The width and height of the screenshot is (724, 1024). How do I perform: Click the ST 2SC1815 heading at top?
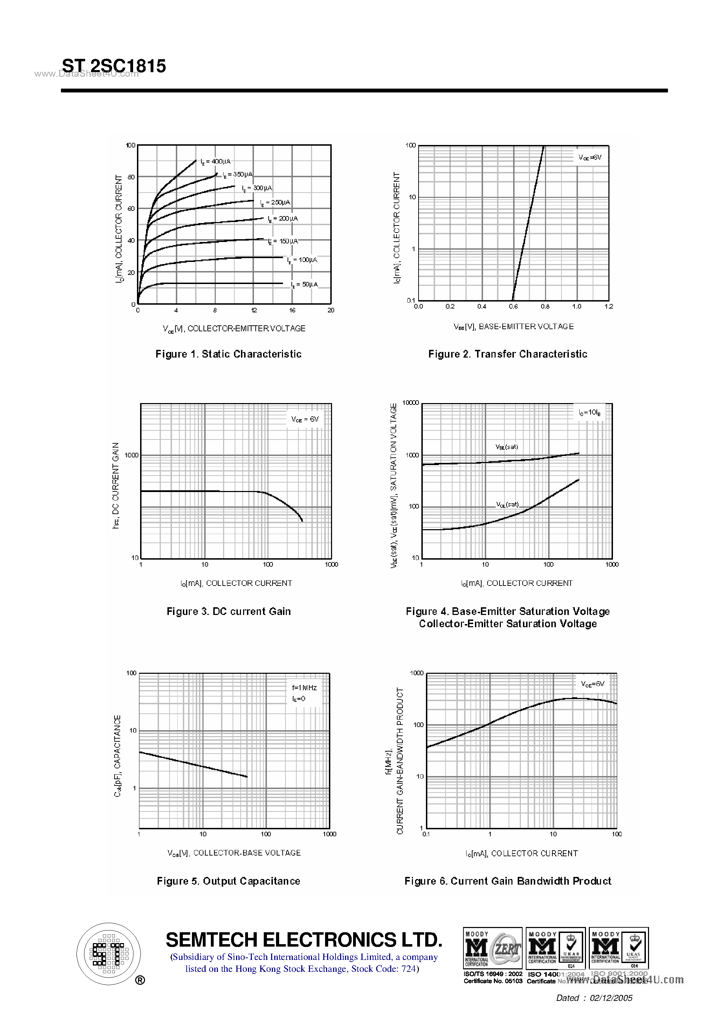point(114,66)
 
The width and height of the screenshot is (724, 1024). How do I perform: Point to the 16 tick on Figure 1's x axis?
point(292,310)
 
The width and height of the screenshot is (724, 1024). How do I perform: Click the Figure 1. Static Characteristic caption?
point(228,354)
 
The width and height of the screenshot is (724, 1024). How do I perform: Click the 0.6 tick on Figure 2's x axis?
point(513,306)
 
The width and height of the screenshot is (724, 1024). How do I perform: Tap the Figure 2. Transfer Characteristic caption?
point(508,354)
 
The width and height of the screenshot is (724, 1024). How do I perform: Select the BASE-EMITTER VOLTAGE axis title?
point(513,326)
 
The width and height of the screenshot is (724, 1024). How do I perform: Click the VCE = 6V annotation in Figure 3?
point(305,419)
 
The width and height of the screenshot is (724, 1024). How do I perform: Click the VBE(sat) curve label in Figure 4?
point(507,447)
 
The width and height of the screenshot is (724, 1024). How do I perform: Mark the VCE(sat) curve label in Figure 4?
point(508,504)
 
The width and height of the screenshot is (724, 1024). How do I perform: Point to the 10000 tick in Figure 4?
point(411,403)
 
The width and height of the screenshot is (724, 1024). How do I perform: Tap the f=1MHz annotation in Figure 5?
point(304,688)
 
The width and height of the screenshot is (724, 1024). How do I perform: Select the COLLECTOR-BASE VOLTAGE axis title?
point(234,853)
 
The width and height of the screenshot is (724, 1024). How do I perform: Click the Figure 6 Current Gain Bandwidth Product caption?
point(508,881)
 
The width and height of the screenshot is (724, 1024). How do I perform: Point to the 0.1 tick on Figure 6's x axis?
point(426,834)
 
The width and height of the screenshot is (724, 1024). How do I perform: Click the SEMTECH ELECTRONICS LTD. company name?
point(304,940)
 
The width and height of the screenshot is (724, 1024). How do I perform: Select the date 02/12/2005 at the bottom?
point(611,998)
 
